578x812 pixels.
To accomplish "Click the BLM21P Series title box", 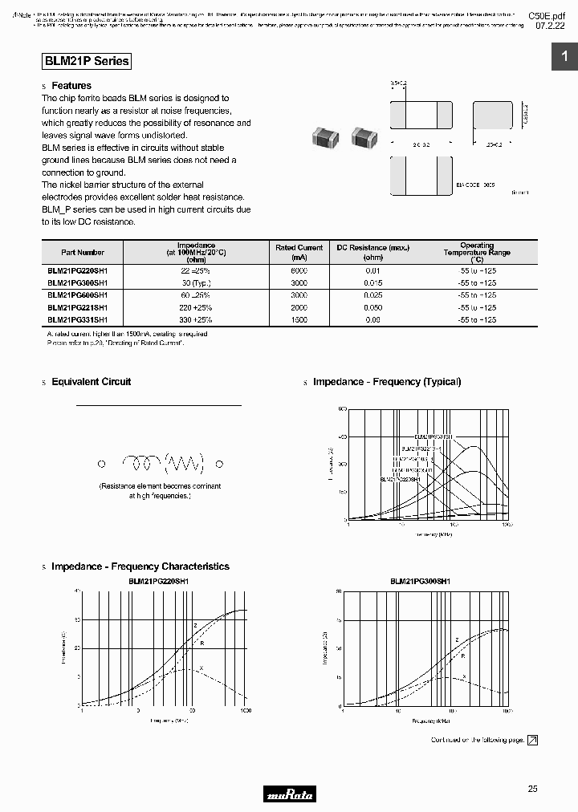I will [x=85, y=61].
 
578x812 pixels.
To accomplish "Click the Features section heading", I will [x=71, y=85].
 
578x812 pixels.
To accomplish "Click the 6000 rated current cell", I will [x=298, y=271].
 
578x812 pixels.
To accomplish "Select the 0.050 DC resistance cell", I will [x=372, y=307].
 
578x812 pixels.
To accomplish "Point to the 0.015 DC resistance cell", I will [x=372, y=283].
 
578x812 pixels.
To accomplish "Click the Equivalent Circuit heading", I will [x=91, y=382].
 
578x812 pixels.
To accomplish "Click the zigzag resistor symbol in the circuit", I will [x=184, y=463].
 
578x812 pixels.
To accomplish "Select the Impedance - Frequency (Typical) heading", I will [x=386, y=382].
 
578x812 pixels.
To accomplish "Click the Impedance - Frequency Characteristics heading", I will [x=140, y=566].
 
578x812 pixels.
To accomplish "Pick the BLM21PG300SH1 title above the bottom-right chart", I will [x=420, y=581].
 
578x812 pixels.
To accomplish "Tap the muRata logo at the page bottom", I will [x=289, y=794].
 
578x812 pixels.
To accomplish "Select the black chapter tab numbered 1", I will [x=564, y=56].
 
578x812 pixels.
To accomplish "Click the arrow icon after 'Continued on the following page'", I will [x=532, y=740].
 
